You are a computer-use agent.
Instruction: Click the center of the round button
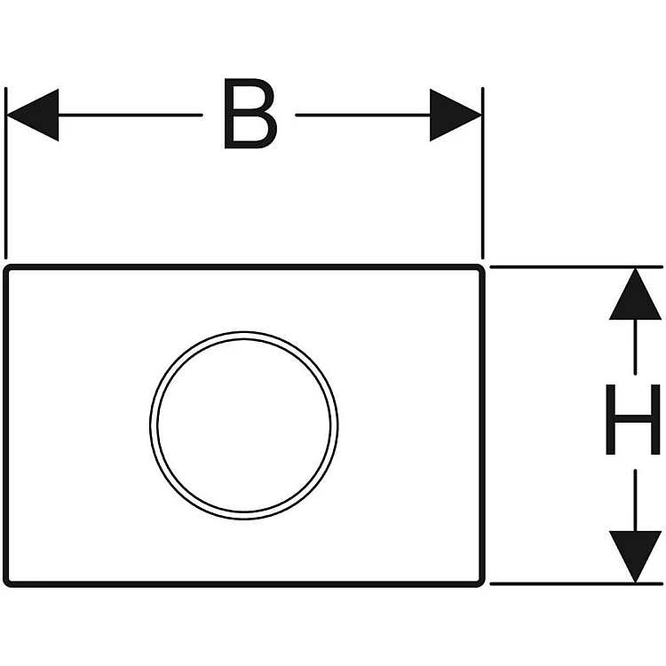pyautogui.click(x=244, y=424)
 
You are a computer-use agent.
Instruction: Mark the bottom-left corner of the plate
pyautogui.click(x=8, y=583)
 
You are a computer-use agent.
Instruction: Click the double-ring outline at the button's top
pyautogui.click(x=244, y=334)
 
